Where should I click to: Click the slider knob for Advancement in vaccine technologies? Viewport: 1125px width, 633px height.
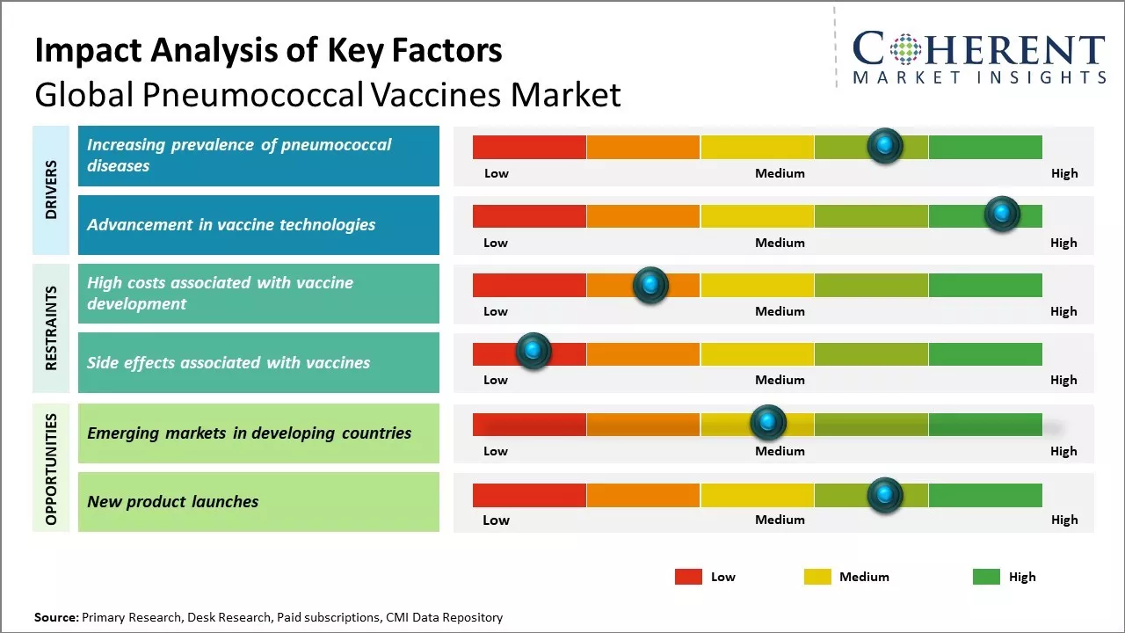(1001, 214)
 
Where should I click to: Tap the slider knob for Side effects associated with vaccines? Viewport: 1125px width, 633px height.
(533, 351)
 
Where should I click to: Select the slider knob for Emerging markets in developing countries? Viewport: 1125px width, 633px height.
(768, 423)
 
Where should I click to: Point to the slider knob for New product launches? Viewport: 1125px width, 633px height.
(884, 496)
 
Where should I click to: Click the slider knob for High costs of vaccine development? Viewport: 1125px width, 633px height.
(650, 285)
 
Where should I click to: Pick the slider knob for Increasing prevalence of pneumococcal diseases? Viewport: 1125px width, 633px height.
(884, 145)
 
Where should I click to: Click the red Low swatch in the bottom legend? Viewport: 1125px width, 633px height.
(688, 577)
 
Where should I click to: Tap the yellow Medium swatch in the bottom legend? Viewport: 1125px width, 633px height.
(817, 577)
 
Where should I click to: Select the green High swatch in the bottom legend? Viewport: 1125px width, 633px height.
(986, 577)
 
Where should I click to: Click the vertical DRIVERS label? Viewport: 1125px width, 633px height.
(51, 190)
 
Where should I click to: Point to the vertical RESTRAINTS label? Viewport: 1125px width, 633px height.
(51, 328)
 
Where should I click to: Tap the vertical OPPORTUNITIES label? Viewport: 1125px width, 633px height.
(51, 469)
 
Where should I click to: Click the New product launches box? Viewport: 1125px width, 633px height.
(258, 502)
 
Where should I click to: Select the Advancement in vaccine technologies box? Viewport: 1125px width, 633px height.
(258, 225)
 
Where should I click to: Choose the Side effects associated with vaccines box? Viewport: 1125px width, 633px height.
(258, 362)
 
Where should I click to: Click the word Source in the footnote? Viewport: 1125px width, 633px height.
(55, 617)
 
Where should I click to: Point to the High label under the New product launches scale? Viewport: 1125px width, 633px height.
(1064, 520)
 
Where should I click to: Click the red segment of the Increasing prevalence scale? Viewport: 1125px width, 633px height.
(529, 147)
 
